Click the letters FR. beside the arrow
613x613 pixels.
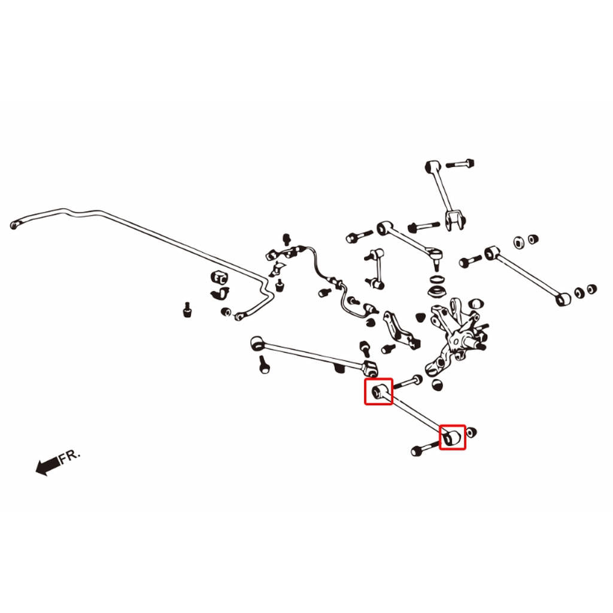(x=69, y=456)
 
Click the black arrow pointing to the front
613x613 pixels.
(x=48, y=465)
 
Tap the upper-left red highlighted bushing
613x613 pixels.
(x=378, y=392)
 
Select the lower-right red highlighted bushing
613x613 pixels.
(x=453, y=437)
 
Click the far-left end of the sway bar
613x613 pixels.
(x=15, y=225)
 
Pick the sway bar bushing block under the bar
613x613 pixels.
(x=219, y=277)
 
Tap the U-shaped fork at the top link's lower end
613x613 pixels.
(x=456, y=220)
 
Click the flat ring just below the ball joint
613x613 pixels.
(x=438, y=280)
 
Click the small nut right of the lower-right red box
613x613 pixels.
(x=471, y=432)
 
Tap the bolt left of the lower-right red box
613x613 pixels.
(x=426, y=448)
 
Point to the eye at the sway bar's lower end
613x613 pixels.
(x=239, y=315)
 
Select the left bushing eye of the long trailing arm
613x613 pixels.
(x=256, y=343)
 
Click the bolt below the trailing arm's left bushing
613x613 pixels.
(x=264, y=363)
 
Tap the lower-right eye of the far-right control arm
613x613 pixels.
(x=563, y=299)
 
